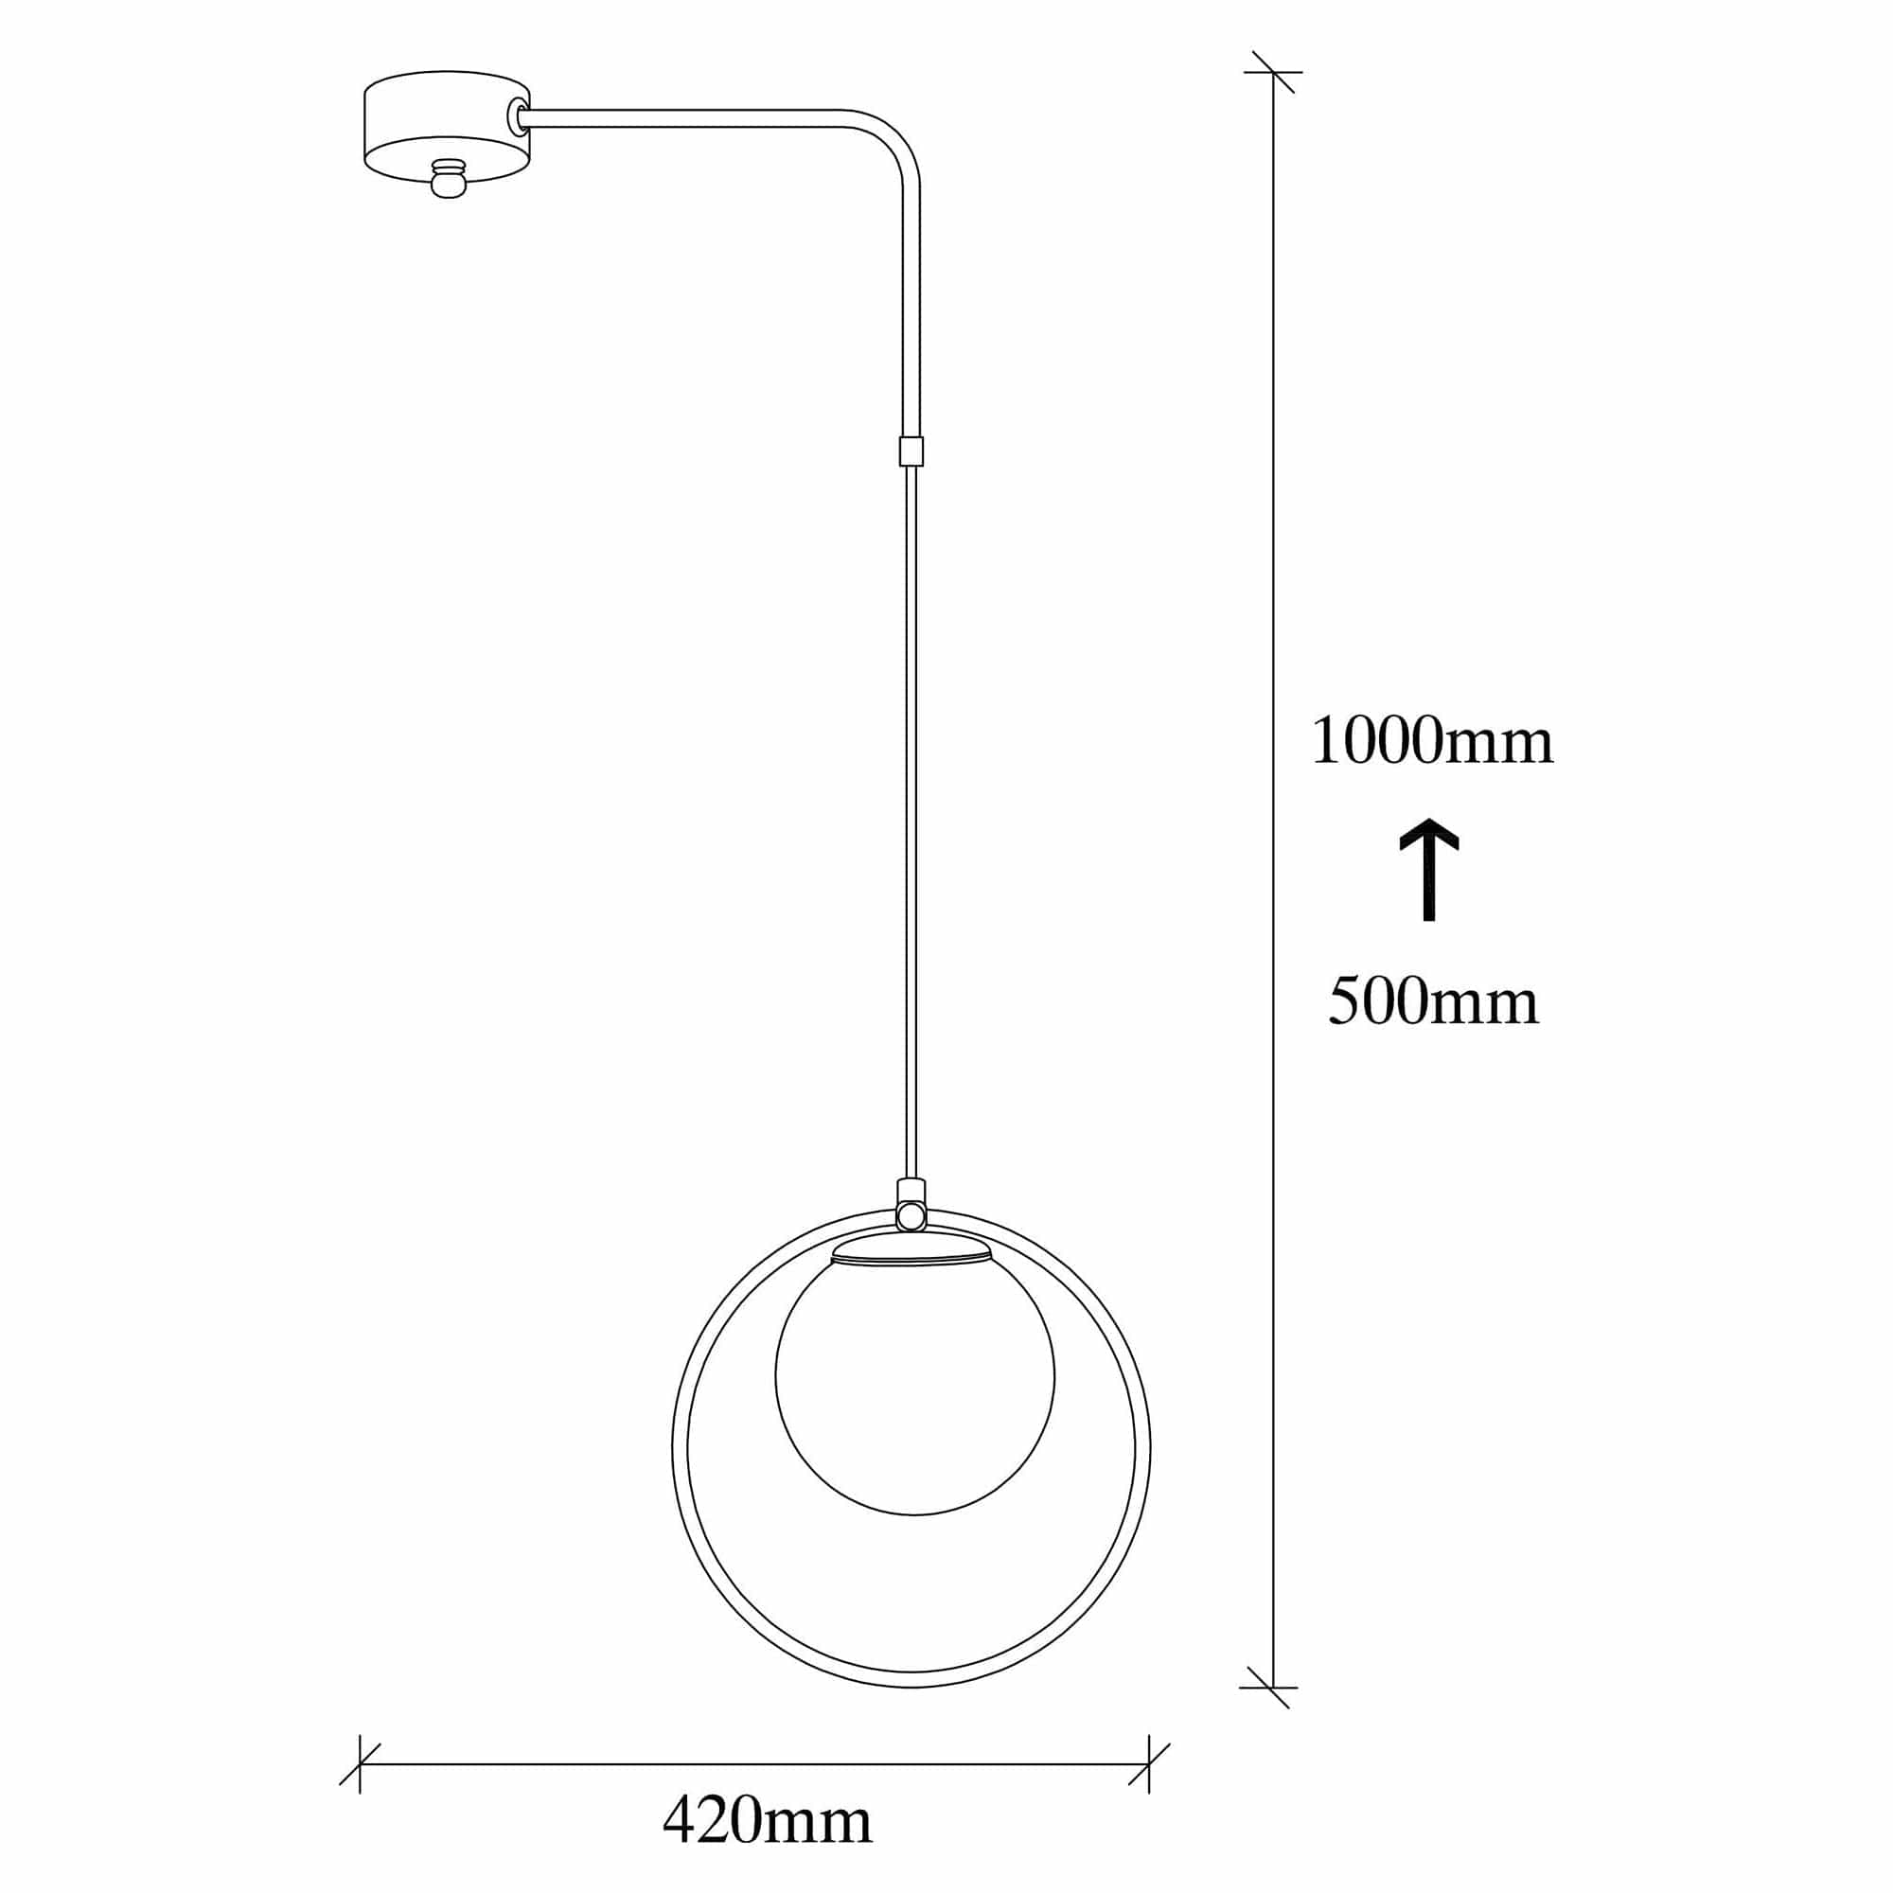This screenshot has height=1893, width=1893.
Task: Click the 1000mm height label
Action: (1431, 742)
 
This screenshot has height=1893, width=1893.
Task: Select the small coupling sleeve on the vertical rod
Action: (911, 451)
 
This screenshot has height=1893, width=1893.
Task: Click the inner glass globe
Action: (914, 1380)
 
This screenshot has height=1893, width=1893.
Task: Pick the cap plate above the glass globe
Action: (911, 1251)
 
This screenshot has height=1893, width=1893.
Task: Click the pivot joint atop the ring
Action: (911, 1216)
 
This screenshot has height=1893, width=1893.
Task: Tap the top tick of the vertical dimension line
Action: (1273, 72)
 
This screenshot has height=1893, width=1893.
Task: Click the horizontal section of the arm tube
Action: (686, 117)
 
